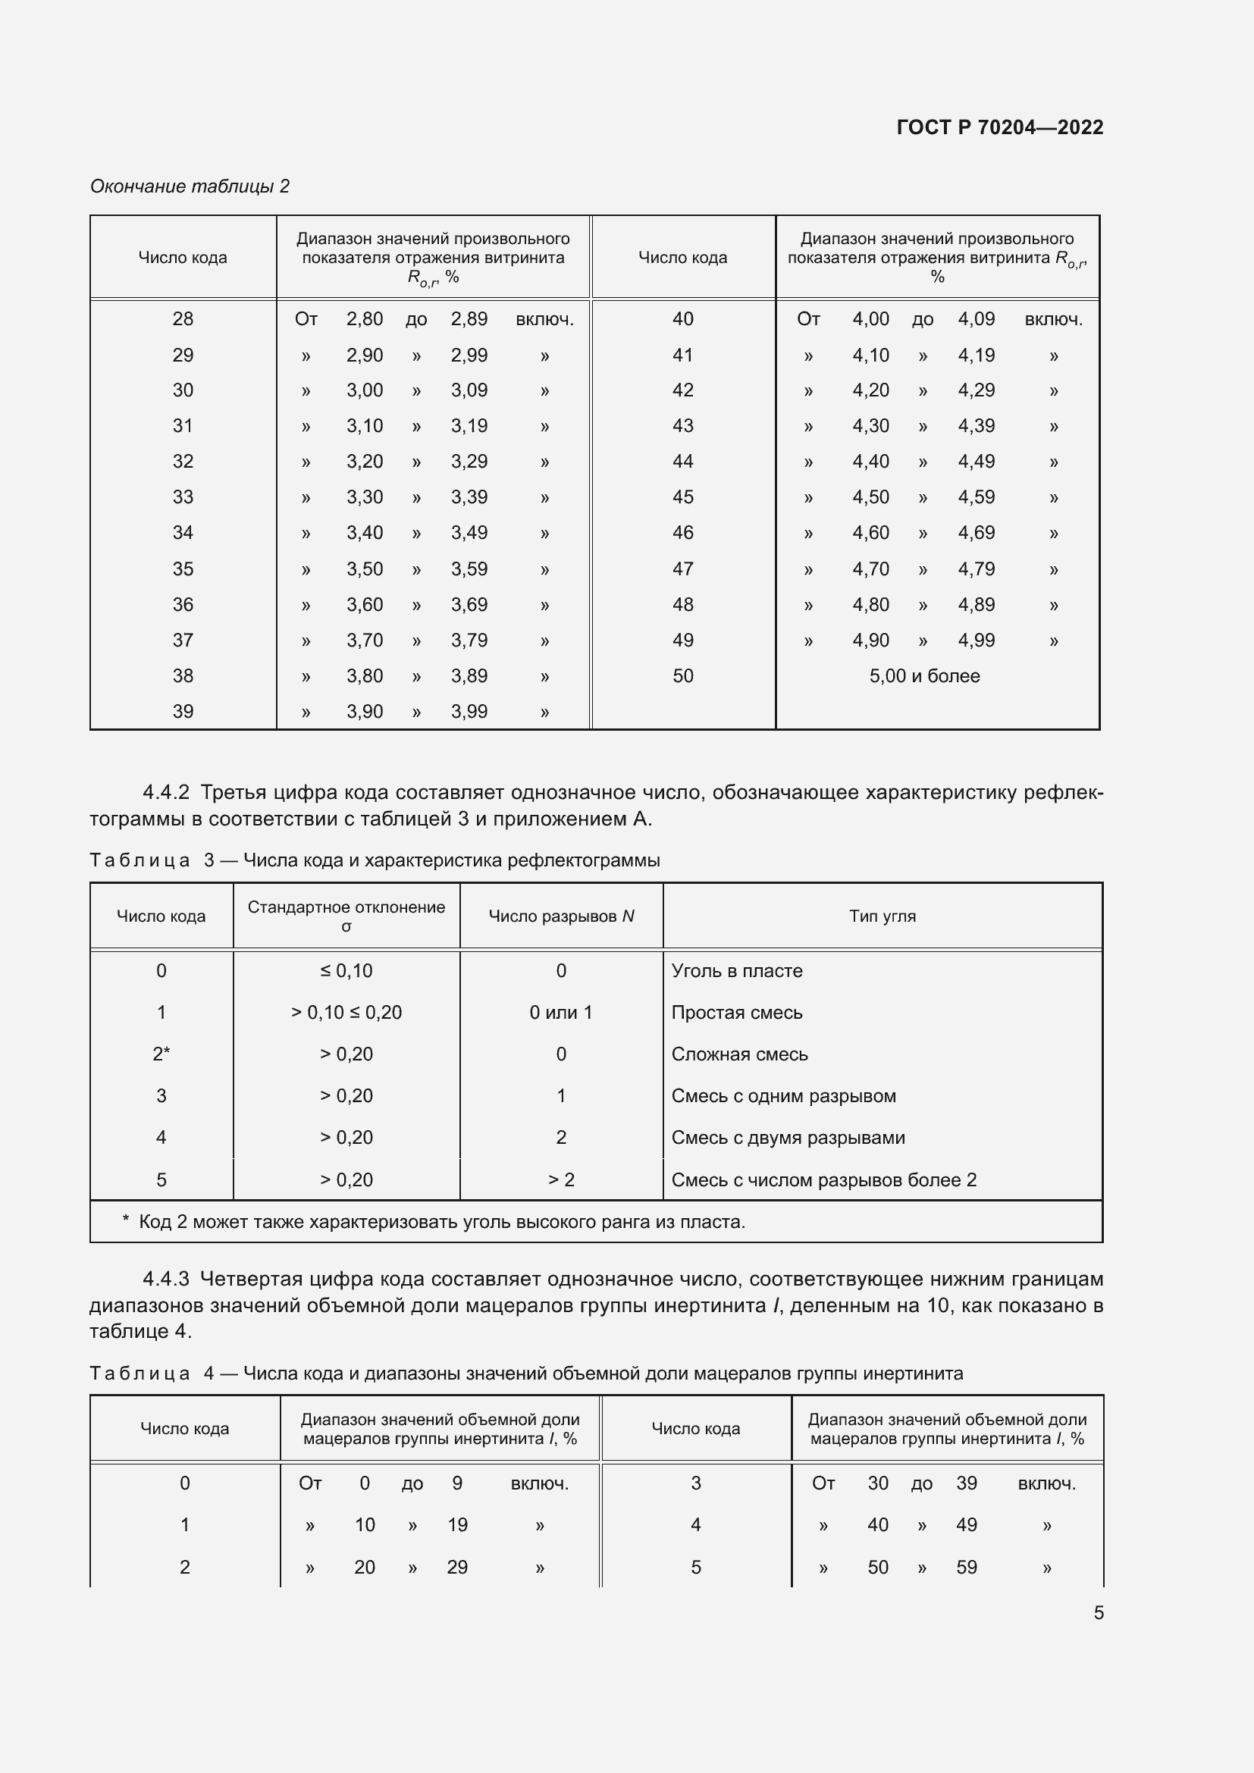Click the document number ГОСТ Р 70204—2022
(999, 127)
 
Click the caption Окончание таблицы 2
(190, 186)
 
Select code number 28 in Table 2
(183, 319)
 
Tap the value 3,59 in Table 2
(469, 569)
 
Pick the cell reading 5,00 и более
(924, 675)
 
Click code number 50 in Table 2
(682, 675)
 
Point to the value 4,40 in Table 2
(870, 462)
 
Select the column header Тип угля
(882, 916)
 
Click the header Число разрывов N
(561, 916)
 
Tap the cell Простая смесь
(737, 1013)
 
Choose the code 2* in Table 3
(161, 1054)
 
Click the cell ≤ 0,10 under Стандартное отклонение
(346, 971)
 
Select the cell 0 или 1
(560, 1013)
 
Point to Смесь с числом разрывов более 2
(823, 1180)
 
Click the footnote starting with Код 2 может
(441, 1222)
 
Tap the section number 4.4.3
(166, 1279)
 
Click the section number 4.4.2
(166, 792)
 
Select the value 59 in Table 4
(966, 1567)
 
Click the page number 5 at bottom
(1098, 1612)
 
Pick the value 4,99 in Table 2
(976, 641)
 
